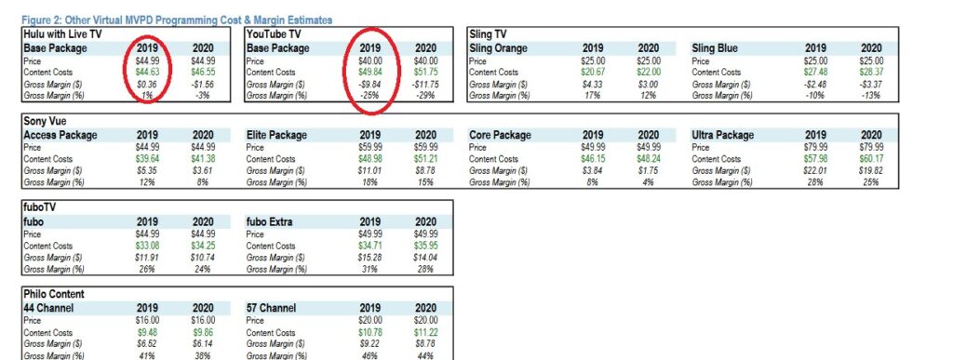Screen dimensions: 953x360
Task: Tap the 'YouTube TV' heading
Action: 274,34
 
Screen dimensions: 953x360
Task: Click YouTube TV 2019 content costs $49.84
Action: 370,73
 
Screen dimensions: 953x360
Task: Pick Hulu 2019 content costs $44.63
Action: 147,73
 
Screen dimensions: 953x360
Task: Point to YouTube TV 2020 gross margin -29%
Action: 425,95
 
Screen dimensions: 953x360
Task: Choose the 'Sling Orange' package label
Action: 499,48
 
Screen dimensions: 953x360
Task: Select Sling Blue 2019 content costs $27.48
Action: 815,73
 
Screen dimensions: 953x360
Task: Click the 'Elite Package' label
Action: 276,135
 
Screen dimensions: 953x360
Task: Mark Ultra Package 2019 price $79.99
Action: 815,148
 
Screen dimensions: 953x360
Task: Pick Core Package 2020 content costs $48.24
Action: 649,159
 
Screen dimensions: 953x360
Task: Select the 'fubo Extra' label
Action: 269,221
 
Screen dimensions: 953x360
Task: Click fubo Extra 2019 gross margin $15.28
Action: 370,258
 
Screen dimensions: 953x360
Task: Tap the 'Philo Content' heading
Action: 54,295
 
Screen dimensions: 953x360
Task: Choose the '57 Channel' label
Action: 271,308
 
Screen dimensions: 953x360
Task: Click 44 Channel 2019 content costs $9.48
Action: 147,333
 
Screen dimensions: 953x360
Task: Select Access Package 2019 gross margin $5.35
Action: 147,170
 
